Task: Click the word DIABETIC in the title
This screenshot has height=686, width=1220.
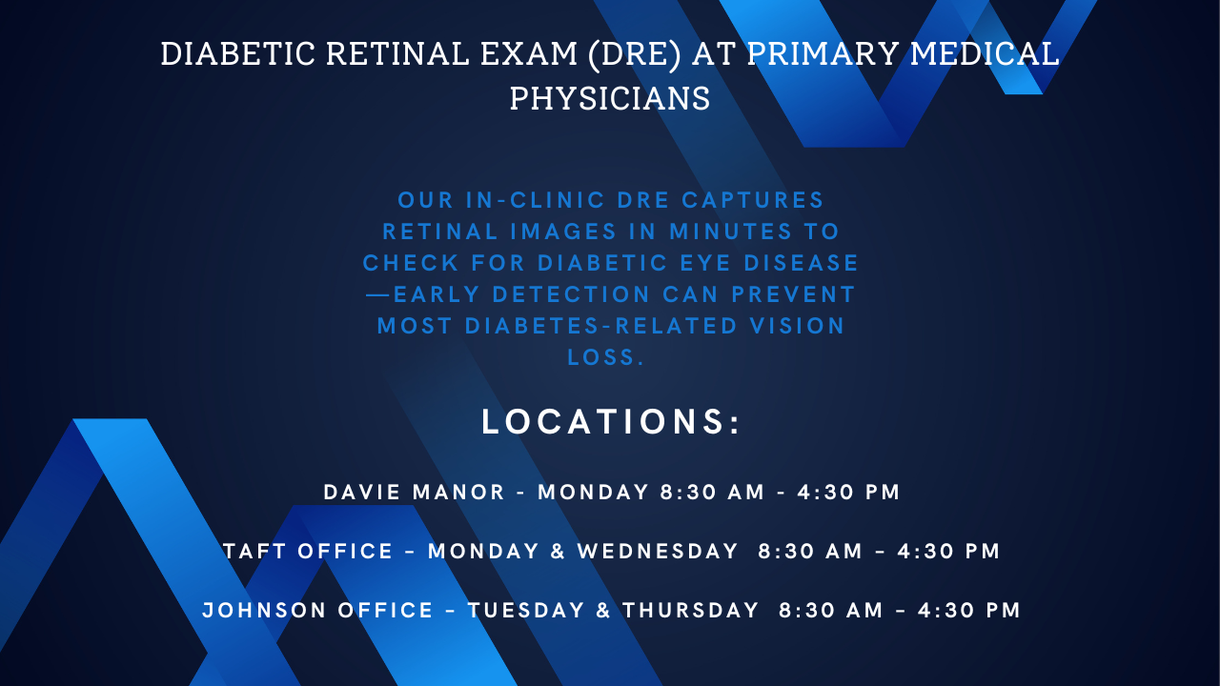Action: tap(238, 54)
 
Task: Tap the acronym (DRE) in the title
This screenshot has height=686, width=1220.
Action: tap(635, 55)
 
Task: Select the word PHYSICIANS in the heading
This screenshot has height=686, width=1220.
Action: tap(610, 98)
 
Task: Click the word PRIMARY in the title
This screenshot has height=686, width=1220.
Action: tap(823, 54)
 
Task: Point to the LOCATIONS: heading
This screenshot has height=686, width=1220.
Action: tap(611, 421)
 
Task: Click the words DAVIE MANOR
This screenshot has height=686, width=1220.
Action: tap(414, 493)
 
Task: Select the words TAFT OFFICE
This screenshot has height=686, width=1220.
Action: tap(308, 551)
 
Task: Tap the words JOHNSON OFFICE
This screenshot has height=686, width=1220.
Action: tap(317, 611)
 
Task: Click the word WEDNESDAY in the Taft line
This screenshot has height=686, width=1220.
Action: tap(658, 551)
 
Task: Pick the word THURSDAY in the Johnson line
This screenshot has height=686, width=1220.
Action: tap(691, 611)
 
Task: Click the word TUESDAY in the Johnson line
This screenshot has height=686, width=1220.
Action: tap(526, 611)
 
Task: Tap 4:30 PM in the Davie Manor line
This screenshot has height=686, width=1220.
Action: tap(848, 493)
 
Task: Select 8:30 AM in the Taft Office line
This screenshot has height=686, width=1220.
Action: tap(810, 551)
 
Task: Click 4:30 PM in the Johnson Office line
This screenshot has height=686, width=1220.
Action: tap(969, 611)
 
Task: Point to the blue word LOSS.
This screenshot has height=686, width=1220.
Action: tap(605, 357)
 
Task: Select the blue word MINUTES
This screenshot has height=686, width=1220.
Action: tap(730, 232)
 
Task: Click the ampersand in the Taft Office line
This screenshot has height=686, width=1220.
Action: tap(558, 551)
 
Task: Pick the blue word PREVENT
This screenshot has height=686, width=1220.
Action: tap(793, 294)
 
